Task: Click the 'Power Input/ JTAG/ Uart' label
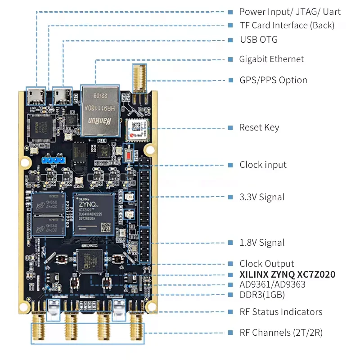point(290,12)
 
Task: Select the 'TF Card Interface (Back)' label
point(287,26)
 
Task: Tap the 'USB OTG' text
point(259,40)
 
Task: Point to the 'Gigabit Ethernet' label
point(271,59)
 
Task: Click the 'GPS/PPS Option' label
point(273,81)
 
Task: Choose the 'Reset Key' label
point(259,128)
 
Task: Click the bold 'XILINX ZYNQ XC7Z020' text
point(287,274)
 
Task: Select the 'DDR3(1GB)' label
point(262,295)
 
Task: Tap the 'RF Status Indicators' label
point(281,312)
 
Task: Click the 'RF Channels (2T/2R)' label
point(281,333)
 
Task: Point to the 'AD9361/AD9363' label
point(273,285)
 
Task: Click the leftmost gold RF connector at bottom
point(38,328)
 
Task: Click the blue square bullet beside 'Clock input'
point(230,165)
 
